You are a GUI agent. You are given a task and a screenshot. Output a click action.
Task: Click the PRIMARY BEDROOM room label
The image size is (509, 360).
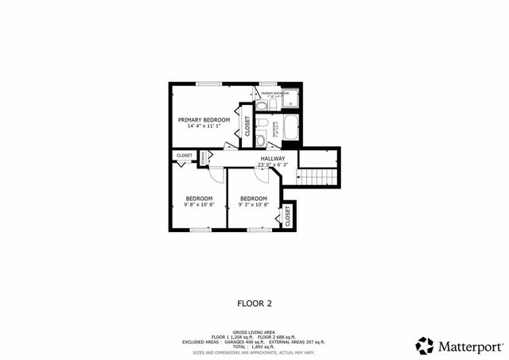[204, 120]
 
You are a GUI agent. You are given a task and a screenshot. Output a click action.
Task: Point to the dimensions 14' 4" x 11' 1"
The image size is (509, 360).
[204, 126]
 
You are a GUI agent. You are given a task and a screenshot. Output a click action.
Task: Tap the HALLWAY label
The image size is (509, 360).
[272, 159]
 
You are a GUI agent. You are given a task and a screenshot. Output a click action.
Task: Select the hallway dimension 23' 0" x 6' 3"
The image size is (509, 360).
[272, 165]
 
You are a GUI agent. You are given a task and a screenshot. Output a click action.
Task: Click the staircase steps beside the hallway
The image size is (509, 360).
[318, 176]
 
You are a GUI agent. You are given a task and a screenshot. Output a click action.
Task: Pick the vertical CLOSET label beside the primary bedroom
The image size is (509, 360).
[247, 126]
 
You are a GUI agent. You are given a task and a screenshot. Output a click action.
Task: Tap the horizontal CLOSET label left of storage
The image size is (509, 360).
[185, 156]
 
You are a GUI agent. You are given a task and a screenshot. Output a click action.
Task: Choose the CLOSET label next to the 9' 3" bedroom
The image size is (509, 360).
[287, 215]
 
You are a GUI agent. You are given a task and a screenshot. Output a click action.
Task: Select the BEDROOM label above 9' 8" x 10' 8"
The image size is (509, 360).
[199, 198]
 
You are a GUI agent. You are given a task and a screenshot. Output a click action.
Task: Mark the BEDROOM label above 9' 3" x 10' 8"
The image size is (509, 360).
[253, 198]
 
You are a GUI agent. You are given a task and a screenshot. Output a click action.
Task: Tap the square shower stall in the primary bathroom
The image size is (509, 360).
[289, 99]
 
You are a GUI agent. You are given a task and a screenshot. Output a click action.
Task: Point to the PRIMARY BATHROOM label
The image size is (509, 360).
[275, 93]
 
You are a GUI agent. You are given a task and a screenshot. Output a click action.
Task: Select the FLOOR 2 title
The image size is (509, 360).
[254, 303]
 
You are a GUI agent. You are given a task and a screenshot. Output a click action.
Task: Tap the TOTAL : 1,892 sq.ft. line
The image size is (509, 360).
[254, 346]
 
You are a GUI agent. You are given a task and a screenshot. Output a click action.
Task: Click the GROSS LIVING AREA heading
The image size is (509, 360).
[254, 331]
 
